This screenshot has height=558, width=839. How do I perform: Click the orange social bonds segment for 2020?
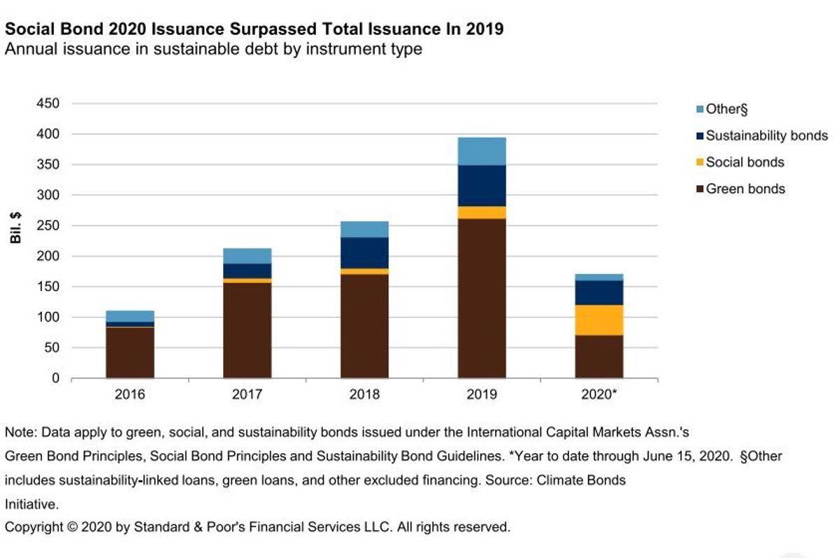pyautogui.click(x=599, y=320)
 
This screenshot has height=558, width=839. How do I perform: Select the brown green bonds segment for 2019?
pyautogui.click(x=482, y=298)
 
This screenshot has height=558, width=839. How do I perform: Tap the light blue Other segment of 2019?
pyautogui.click(x=482, y=151)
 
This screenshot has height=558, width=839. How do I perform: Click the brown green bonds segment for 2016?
pyautogui.click(x=130, y=352)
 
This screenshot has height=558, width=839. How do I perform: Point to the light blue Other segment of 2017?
pyautogui.click(x=248, y=256)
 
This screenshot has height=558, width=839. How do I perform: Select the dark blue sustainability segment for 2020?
pyautogui.click(x=599, y=293)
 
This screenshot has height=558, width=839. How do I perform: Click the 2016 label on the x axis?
pyautogui.click(x=130, y=395)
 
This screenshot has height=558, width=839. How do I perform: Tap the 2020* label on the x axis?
pyautogui.click(x=599, y=395)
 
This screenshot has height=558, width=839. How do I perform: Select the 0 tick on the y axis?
pyautogui.click(x=56, y=378)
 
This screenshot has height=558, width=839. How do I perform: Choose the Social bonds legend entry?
pyautogui.click(x=745, y=162)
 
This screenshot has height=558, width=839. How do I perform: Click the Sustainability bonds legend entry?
pyautogui.click(x=766, y=136)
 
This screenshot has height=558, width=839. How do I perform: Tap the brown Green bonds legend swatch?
pyautogui.click(x=700, y=189)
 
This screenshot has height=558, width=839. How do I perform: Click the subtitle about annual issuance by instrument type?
pyautogui.click(x=213, y=50)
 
